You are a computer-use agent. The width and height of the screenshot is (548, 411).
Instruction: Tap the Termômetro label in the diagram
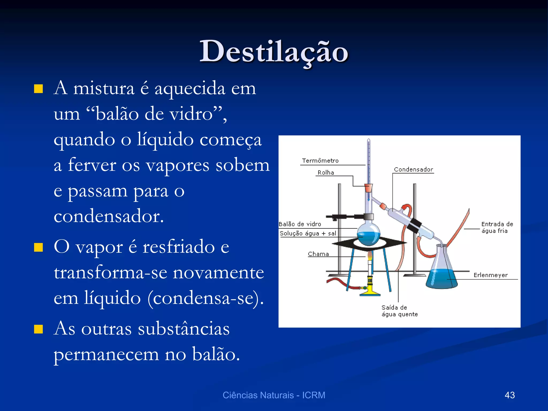tap(320, 161)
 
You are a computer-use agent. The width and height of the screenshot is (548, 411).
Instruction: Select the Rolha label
tap(326, 173)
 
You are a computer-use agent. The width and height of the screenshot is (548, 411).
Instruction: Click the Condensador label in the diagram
tap(413, 169)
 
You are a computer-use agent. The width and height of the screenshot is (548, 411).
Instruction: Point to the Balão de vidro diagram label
tap(300, 224)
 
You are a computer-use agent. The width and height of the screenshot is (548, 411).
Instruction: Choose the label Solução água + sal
tap(308, 233)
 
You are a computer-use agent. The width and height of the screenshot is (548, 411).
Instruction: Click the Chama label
tap(318, 254)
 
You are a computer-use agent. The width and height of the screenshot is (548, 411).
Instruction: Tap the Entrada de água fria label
tap(497, 227)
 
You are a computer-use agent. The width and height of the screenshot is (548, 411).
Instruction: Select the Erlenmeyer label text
tap(490, 275)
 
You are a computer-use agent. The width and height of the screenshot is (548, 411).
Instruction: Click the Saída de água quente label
tap(399, 311)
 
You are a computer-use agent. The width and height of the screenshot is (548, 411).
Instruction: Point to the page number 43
tap(509, 395)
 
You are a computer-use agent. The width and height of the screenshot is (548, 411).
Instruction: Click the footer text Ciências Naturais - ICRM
tap(274, 395)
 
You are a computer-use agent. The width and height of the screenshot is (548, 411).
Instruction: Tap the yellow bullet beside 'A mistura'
tap(39, 89)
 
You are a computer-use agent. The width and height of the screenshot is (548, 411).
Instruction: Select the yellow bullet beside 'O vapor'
tap(39, 248)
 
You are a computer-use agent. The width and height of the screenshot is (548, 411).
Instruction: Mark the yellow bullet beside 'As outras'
tap(39, 329)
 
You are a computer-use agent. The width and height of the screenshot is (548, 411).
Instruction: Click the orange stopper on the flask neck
tap(368, 188)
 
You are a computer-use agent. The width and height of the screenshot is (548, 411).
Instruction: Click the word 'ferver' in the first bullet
tap(92, 165)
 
